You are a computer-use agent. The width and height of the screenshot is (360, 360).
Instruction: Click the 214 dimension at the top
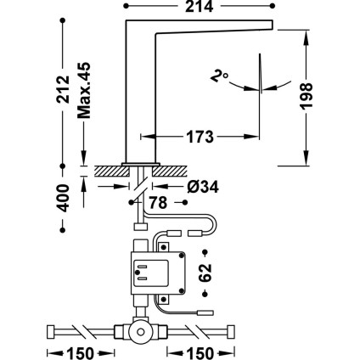(199, 6)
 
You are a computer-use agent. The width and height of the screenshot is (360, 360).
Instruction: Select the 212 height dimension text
(63, 89)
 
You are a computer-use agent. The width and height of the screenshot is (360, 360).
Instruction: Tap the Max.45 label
(84, 90)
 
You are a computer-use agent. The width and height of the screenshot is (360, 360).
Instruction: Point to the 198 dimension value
(307, 96)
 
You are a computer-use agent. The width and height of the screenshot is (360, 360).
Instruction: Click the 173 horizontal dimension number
(200, 138)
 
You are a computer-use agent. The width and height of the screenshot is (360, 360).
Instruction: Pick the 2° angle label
(219, 76)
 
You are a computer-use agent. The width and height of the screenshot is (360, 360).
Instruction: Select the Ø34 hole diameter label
(203, 187)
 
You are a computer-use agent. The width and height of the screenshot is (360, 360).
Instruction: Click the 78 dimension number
(158, 203)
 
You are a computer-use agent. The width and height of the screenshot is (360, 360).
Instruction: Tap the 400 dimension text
(63, 198)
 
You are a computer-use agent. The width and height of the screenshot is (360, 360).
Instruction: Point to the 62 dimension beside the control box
(205, 273)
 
